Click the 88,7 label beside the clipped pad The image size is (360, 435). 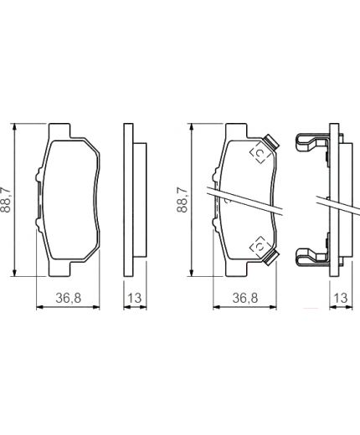[182, 200]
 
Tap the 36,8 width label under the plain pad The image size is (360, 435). [68, 298]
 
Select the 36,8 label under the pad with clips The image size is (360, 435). [245, 298]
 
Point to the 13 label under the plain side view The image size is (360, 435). [135, 298]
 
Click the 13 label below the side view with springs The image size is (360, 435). [341, 298]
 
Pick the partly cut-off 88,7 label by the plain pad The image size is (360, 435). [5, 200]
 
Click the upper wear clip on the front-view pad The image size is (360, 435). [271, 141]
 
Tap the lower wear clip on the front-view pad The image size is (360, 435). [271, 257]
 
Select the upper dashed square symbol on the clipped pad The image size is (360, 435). [260, 153]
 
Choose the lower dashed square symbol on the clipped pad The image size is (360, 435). [260, 247]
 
